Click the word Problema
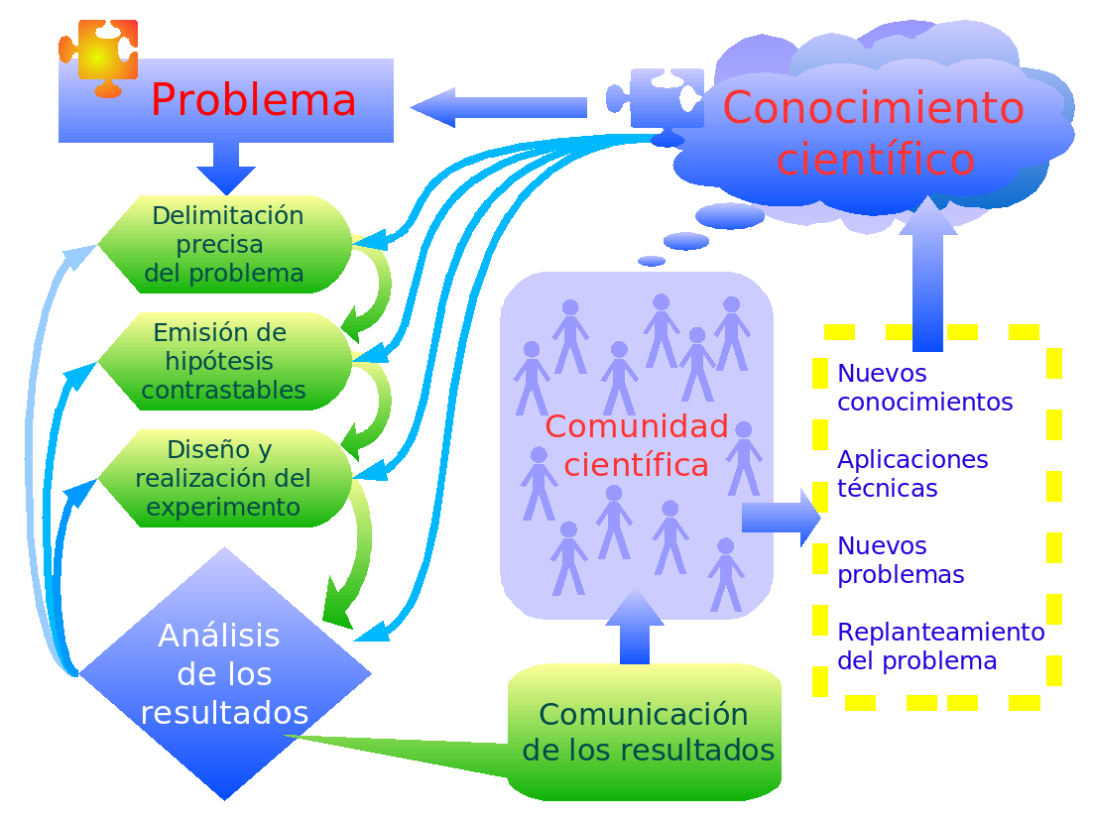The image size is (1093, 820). tap(253, 100)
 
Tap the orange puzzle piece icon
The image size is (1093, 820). tap(98, 57)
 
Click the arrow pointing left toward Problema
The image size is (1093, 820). tap(496, 107)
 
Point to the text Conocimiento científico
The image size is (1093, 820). tap(874, 133)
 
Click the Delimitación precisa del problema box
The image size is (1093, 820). tap(227, 244)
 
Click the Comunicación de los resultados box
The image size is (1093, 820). tap(646, 732)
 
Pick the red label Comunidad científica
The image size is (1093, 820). tap(636, 445)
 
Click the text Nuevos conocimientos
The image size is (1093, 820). tap(924, 388)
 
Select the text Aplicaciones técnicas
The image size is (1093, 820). tap(912, 474)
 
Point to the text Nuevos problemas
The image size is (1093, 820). tap(901, 560)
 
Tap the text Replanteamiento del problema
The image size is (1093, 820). tap(940, 646)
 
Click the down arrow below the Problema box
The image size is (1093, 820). tap(226, 168)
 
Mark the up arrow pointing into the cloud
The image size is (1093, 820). tap(927, 273)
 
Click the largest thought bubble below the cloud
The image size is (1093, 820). tap(730, 215)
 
